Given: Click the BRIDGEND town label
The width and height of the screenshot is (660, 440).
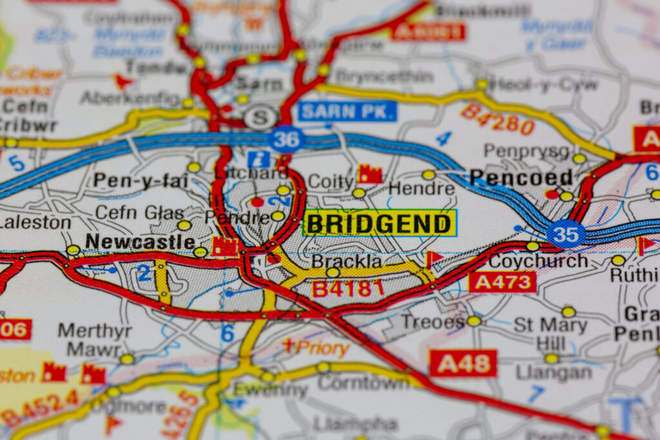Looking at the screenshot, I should [x=379, y=224].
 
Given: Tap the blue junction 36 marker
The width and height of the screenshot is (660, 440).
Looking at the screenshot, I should [x=287, y=139].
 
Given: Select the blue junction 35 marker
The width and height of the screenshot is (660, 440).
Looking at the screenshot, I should [x=566, y=234].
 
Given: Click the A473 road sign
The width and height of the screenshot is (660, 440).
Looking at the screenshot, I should [x=502, y=282].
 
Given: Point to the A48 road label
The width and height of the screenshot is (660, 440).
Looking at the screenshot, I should [x=463, y=363].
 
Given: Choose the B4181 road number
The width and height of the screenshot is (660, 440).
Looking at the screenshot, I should [x=348, y=288].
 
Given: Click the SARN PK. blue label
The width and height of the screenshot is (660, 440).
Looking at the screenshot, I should [x=347, y=111].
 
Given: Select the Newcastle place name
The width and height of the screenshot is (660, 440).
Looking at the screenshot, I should [x=140, y=242].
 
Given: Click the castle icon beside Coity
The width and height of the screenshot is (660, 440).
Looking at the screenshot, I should [x=370, y=173].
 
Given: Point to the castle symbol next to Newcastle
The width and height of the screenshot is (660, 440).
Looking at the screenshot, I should [x=225, y=245].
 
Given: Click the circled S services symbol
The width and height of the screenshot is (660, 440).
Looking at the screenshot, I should [x=261, y=117].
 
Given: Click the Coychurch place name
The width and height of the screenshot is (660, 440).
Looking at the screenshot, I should [x=538, y=261].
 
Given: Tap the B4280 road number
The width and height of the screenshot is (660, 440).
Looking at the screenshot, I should [x=497, y=119].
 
